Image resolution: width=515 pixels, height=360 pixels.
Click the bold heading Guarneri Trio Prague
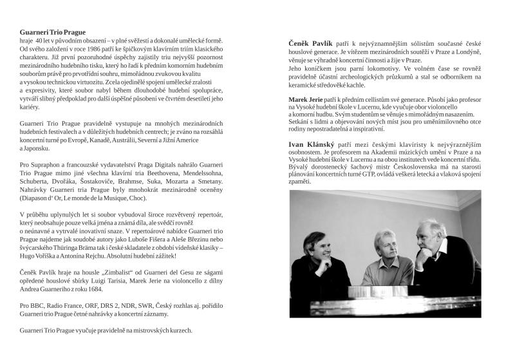click(53, 32)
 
